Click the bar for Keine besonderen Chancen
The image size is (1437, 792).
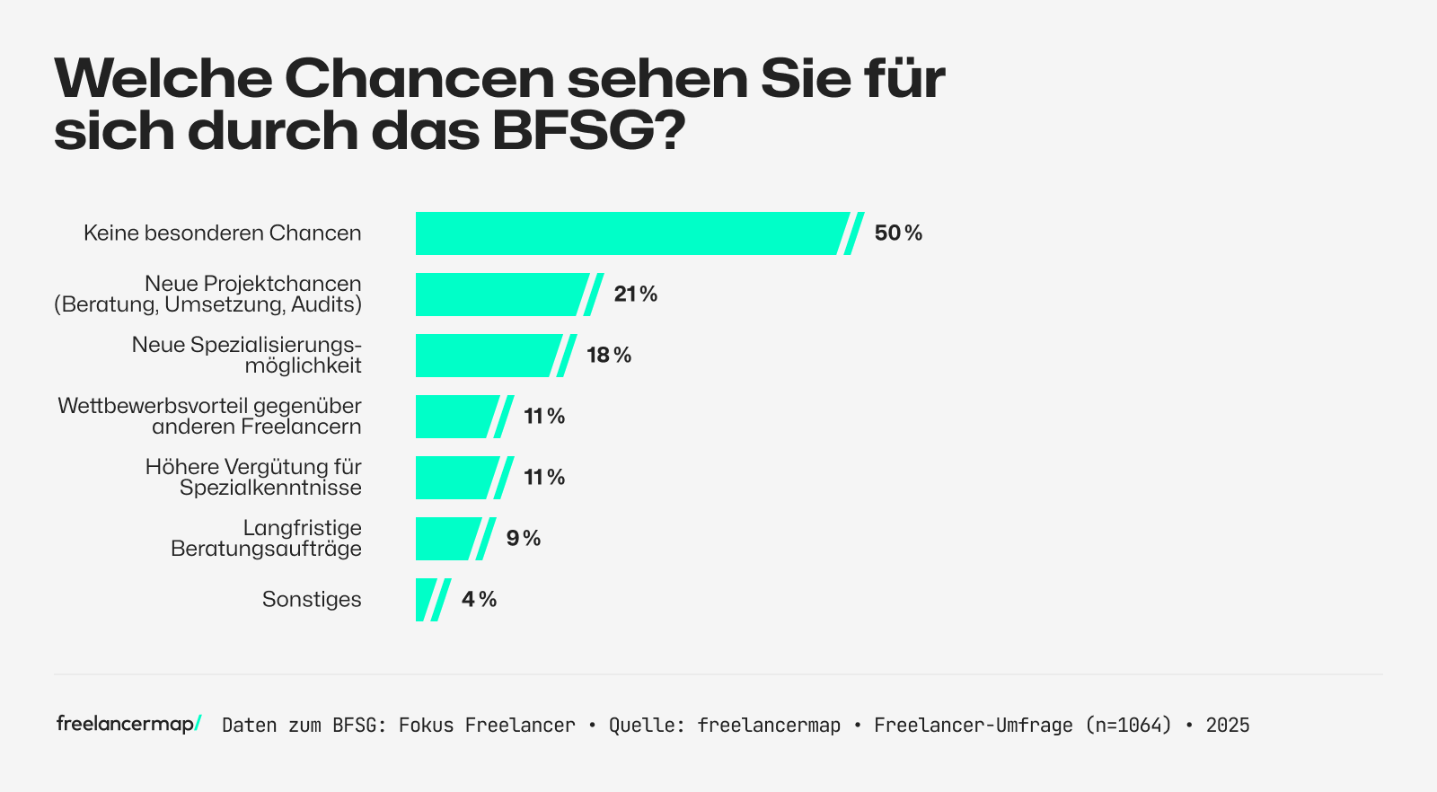(x=629, y=233)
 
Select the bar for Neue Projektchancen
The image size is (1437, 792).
(x=498, y=295)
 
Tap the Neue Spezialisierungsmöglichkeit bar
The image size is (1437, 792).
(x=485, y=356)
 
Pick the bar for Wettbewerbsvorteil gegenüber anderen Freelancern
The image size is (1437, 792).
(x=454, y=417)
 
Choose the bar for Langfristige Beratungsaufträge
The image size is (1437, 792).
(x=445, y=539)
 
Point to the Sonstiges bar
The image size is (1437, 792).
(x=425, y=600)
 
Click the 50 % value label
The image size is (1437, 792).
(x=898, y=233)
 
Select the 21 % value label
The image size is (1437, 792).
(x=636, y=295)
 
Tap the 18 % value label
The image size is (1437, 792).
(x=609, y=356)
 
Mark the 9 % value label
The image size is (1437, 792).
(x=524, y=539)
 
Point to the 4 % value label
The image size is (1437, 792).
(x=479, y=600)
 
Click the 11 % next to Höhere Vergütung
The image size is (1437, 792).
(x=544, y=478)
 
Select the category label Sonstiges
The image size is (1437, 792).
(x=312, y=600)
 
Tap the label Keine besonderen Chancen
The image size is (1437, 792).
(x=223, y=233)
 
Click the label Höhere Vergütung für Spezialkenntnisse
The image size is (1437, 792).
(x=253, y=478)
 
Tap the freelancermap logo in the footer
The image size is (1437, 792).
(x=128, y=724)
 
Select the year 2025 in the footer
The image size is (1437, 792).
(x=1228, y=726)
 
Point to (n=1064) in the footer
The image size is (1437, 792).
(x=1128, y=726)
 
